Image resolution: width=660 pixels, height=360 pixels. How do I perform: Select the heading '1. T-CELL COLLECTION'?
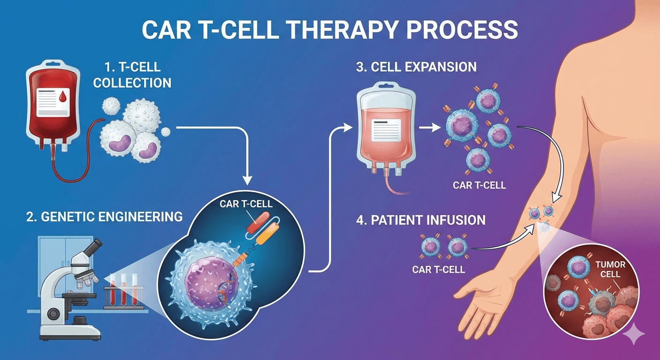pos(132,75)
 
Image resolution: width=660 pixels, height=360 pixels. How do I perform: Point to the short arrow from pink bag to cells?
pos(428,126)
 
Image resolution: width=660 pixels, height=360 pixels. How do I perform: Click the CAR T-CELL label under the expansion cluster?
pos(479,185)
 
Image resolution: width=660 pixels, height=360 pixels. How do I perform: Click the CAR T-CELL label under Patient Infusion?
pos(438,270)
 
